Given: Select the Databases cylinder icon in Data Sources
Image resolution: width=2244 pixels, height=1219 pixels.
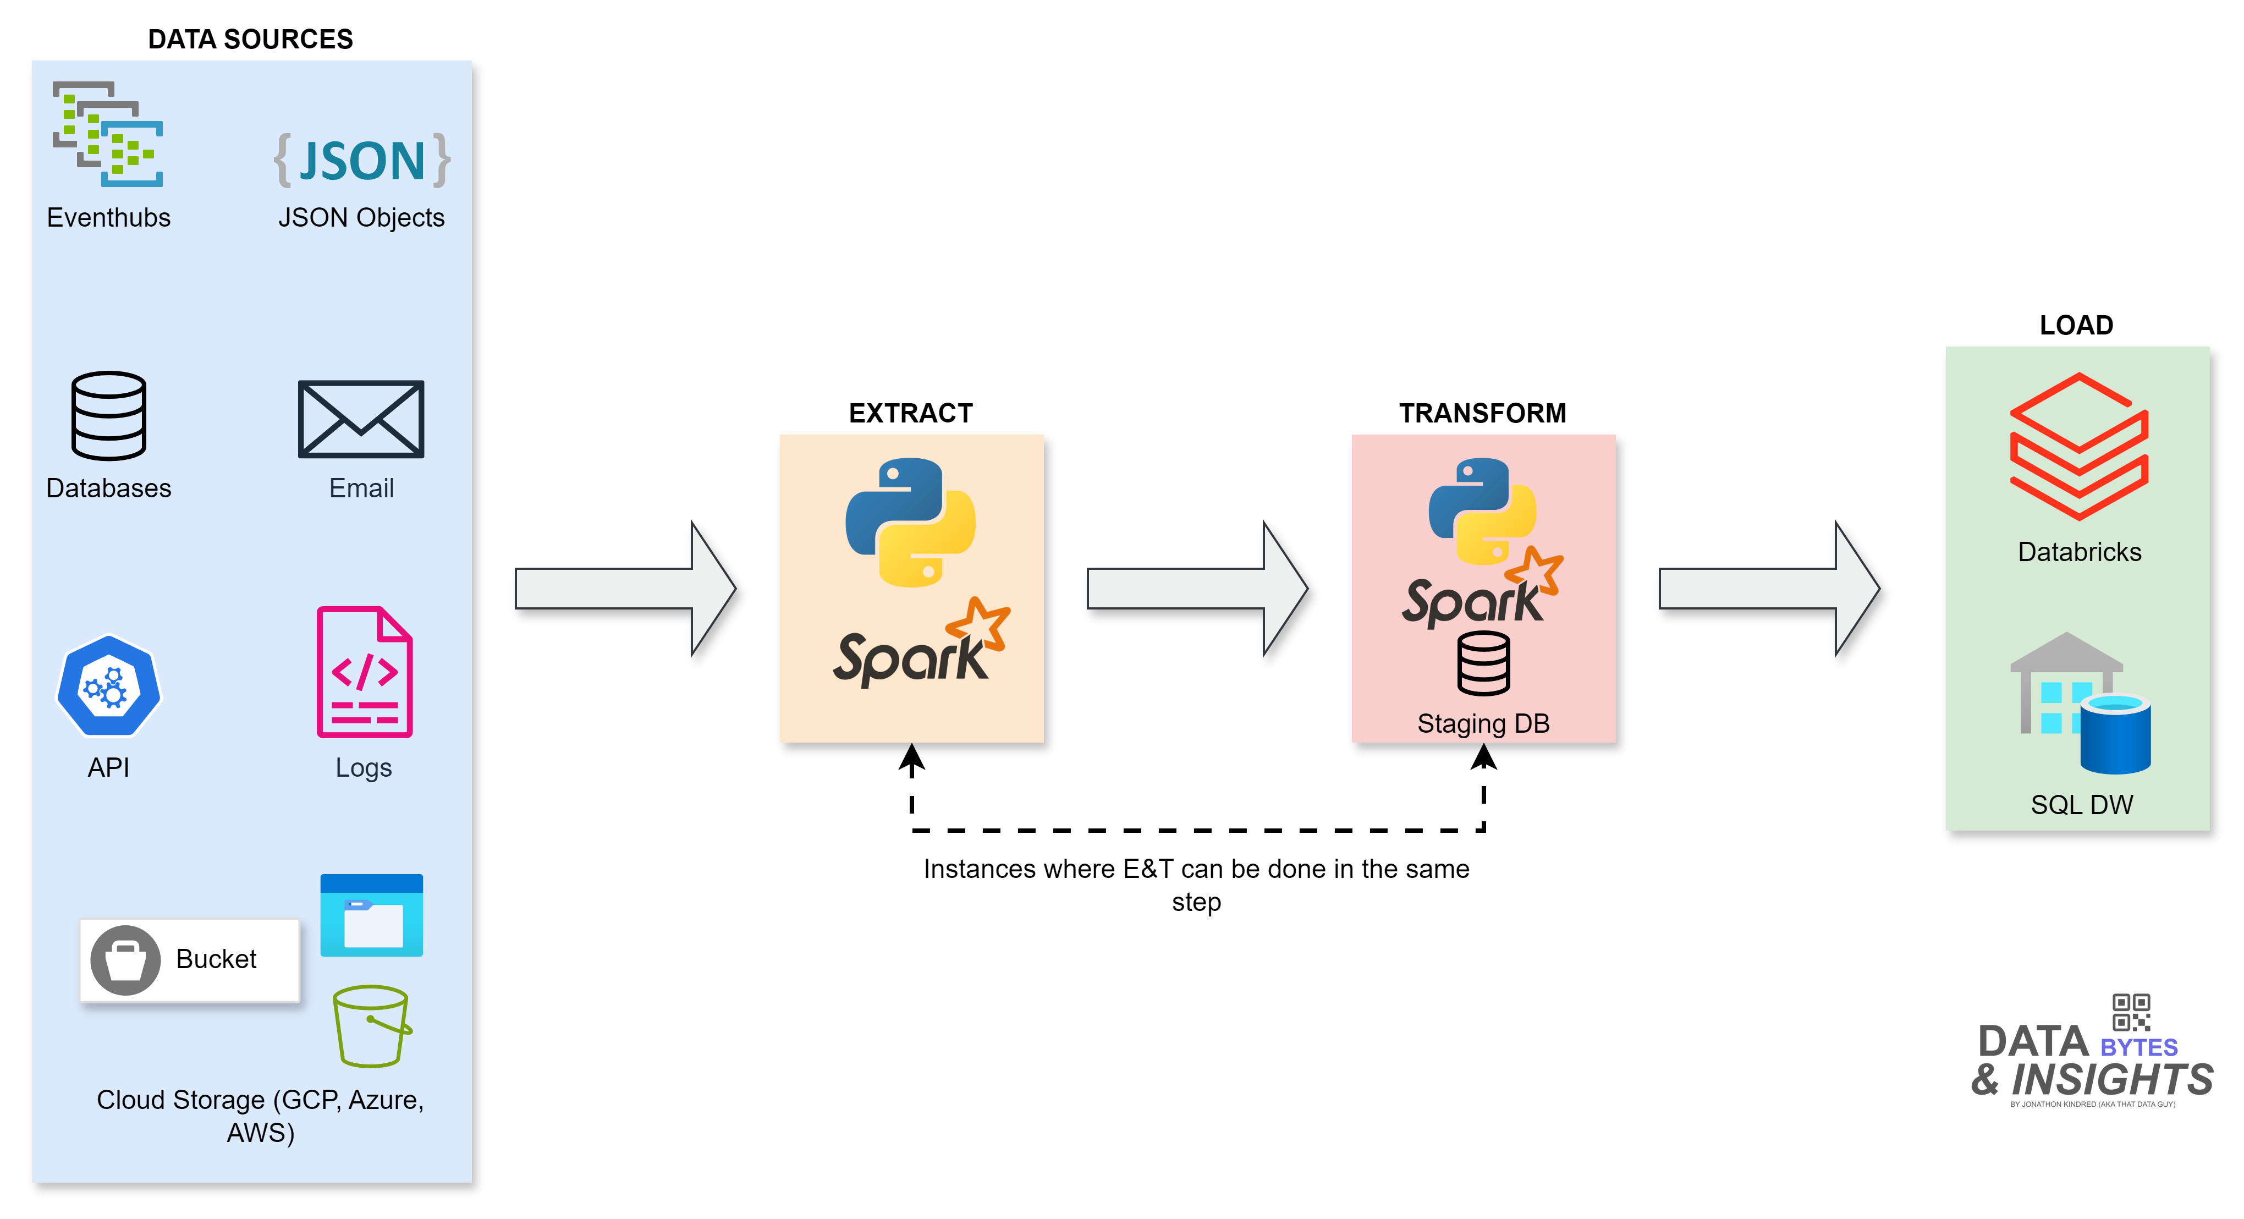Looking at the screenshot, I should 109,416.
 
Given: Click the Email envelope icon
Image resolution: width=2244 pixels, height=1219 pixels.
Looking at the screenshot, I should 361,419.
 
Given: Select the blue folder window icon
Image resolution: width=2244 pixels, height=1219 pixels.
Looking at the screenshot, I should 371,915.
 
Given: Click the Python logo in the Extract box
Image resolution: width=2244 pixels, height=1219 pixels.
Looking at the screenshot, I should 910,523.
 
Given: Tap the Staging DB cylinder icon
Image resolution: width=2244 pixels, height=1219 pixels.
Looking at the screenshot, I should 1483,664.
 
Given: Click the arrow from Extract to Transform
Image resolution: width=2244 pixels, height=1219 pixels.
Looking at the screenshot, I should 1197,589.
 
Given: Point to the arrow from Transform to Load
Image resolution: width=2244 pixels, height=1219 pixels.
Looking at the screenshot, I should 1768,589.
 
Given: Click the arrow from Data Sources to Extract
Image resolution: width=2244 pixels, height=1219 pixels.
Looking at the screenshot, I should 625,589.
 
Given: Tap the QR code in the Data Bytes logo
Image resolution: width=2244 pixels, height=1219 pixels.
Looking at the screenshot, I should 2131,1013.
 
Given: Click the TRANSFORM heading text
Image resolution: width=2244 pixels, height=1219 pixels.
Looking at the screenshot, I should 1483,413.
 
